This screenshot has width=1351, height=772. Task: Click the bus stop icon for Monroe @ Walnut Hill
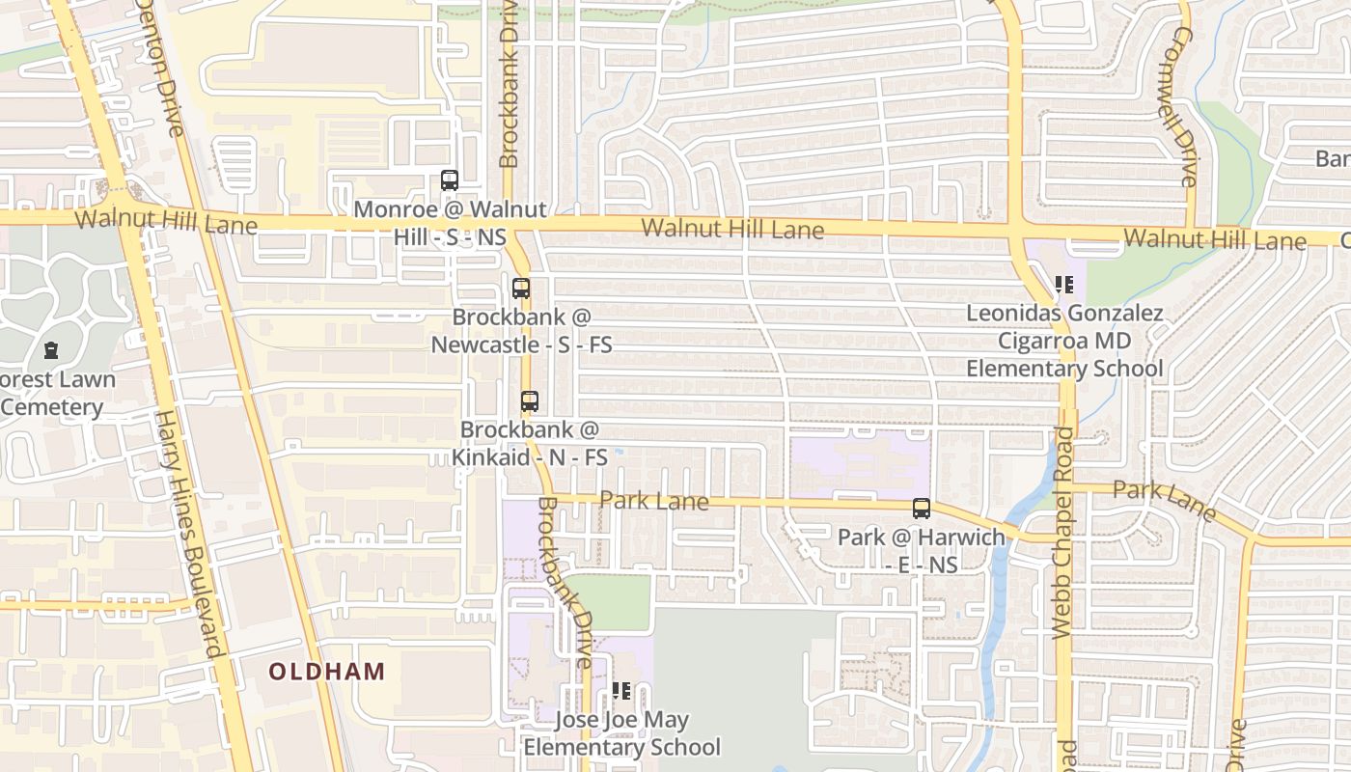coord(450,180)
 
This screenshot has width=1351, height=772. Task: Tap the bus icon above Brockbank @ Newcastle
coord(521,288)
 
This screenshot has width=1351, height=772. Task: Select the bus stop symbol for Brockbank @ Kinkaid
coord(530,401)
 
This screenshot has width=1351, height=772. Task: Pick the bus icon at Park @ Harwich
coord(922,509)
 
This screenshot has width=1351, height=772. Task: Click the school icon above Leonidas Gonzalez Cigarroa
coord(1064,285)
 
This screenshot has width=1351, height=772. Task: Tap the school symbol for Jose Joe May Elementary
coord(621,691)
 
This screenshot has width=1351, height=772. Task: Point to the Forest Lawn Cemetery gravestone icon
coord(51,350)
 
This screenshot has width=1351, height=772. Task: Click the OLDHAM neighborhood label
coord(326,672)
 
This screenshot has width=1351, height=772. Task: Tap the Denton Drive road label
coord(159,68)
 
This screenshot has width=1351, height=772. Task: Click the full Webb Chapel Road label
coord(1062,532)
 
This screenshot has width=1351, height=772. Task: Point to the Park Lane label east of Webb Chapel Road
coord(1164,498)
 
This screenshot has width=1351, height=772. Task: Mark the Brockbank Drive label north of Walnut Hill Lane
coord(509,84)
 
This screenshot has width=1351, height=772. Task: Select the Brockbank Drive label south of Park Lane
coord(565,583)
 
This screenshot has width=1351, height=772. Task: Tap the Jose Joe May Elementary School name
coord(621,733)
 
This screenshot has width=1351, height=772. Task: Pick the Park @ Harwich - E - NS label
coord(921,550)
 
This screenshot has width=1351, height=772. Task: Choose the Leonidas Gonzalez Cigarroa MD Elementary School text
coord(1064,341)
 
